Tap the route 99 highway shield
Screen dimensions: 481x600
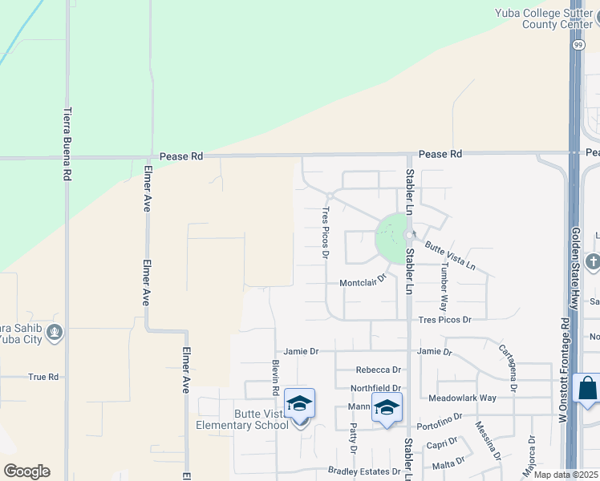(578, 46)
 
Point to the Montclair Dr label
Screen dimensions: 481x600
(363, 282)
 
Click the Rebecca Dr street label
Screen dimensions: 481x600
(378, 370)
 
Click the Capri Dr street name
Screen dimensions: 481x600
(443, 443)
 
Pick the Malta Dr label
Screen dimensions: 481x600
(449, 463)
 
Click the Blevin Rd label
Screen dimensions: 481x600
(275, 378)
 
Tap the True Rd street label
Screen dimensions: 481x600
(43, 376)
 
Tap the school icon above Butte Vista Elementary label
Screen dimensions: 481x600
(299, 403)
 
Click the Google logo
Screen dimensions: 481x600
(26, 471)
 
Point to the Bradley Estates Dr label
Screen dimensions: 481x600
(363, 471)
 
